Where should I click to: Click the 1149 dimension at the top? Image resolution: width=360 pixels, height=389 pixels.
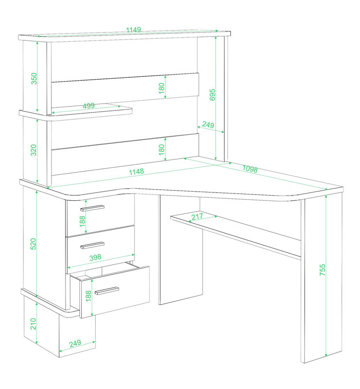[x=134, y=30]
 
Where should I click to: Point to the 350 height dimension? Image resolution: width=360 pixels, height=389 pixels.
[x=34, y=78]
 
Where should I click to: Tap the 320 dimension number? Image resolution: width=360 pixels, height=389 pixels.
[x=33, y=150]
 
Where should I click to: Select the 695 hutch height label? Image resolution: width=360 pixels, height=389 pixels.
[x=212, y=95]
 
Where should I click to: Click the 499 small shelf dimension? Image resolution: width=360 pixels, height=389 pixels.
[x=88, y=106]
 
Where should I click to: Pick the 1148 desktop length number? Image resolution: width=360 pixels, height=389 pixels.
[x=137, y=172]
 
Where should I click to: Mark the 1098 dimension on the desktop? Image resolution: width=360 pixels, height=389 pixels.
[x=250, y=169]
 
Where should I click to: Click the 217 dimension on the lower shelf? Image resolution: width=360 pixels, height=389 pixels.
[x=197, y=216]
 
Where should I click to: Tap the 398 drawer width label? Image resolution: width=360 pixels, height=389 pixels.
[x=95, y=257]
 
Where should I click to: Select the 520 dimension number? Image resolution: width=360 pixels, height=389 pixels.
[x=33, y=244]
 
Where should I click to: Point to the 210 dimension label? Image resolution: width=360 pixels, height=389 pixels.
[x=33, y=324]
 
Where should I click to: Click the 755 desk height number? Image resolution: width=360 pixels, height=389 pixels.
[x=322, y=270]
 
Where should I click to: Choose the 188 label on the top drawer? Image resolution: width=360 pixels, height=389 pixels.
[x=82, y=221]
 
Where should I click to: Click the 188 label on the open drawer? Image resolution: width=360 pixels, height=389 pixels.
[x=88, y=296]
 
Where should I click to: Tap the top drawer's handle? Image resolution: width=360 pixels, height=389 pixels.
[x=92, y=208]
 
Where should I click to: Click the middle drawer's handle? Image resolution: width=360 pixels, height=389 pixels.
[x=92, y=246]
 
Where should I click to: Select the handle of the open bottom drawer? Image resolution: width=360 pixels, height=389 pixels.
[x=107, y=291]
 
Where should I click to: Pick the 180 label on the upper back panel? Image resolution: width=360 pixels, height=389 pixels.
[x=161, y=88]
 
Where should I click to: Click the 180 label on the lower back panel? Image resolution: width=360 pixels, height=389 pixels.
[x=161, y=150]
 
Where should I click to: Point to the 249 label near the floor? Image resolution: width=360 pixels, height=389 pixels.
[x=75, y=343]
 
